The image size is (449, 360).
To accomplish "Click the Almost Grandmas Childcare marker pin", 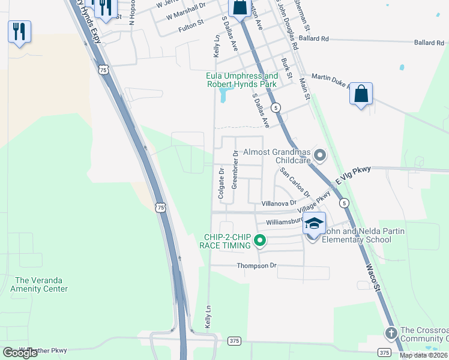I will tap(320, 156).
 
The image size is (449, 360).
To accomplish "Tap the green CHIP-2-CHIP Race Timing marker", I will tap(260, 241).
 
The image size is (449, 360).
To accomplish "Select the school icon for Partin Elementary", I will tap(313, 224).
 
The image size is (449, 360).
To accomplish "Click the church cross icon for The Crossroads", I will tap(391, 332).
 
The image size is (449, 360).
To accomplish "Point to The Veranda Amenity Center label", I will tap(41, 284).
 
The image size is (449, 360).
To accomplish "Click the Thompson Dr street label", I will tap(256, 265).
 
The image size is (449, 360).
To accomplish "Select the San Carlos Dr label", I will tap(295, 182).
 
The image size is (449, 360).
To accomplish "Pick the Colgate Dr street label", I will tap(221, 184).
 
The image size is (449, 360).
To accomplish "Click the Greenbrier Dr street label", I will tap(235, 170).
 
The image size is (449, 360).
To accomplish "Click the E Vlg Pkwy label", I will tap(354, 175).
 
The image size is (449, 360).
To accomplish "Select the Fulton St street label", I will tap(191, 28).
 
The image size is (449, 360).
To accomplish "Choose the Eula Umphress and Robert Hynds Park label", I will tap(242, 80).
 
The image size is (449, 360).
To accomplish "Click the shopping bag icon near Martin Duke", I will tap(361, 94).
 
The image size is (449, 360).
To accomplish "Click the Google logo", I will tap(20, 353).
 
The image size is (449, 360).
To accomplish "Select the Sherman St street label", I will tap(302, 15).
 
